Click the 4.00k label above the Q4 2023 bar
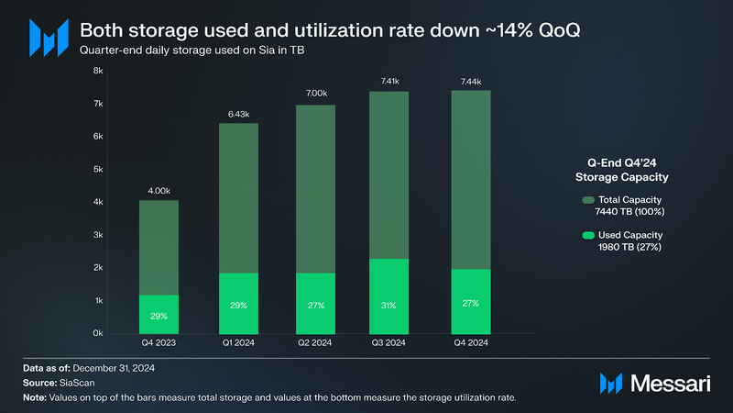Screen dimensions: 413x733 pyautogui.click(x=160, y=191)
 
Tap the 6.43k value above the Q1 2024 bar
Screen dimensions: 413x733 pyautogui.click(x=238, y=114)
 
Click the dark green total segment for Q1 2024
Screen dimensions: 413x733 pyautogui.click(x=238, y=197)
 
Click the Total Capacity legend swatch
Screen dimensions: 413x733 pyautogui.click(x=586, y=199)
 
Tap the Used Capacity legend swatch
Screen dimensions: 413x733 pyautogui.click(x=586, y=235)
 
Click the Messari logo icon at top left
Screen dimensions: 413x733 pyautogui.click(x=48, y=38)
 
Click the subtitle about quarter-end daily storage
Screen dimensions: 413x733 pyautogui.click(x=192, y=50)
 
